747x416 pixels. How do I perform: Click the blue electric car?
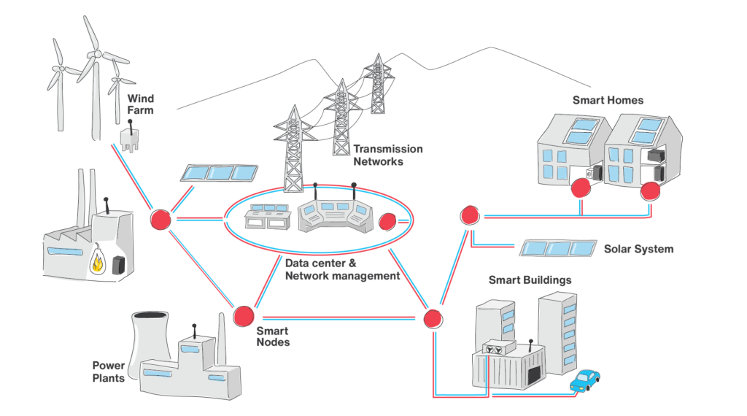point(585,380)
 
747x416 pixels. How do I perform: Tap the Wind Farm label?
point(141,104)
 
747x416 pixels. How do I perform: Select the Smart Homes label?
point(608,101)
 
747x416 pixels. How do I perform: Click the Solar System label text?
point(638,250)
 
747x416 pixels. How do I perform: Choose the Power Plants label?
point(108,371)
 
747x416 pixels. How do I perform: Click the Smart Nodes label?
point(273,336)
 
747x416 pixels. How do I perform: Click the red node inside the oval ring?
point(387,220)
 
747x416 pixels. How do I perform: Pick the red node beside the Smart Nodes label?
point(243,315)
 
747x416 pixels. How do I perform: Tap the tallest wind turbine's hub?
point(93,54)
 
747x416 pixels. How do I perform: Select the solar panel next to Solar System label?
point(557,249)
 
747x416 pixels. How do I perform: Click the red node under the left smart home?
point(581,189)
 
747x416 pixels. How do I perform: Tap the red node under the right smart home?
point(649,191)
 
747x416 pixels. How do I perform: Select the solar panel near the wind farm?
point(218,173)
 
